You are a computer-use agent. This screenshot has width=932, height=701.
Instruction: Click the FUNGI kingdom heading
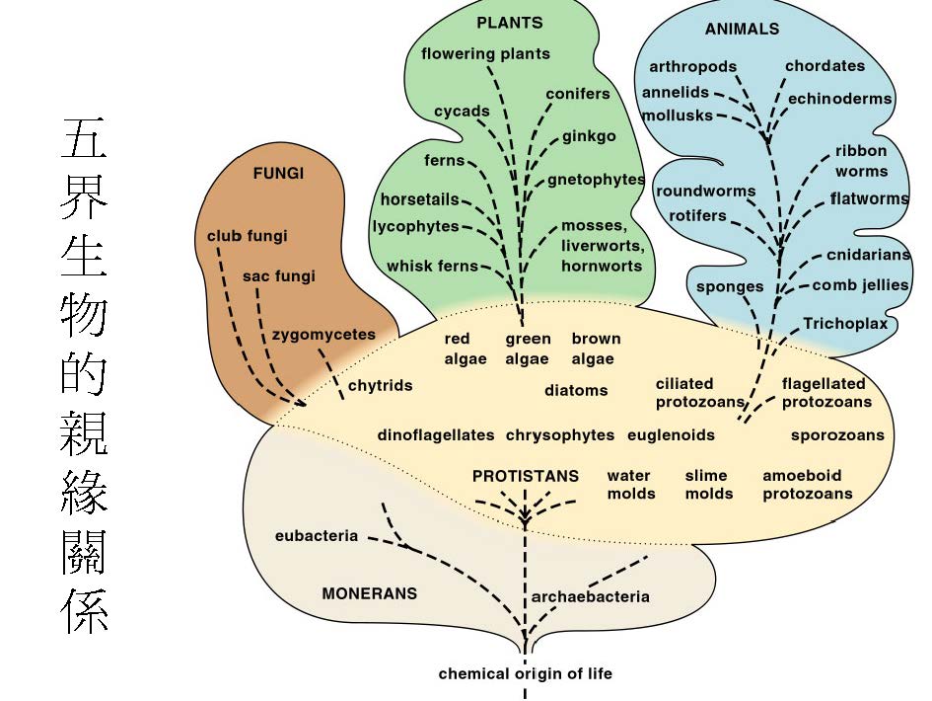(278, 173)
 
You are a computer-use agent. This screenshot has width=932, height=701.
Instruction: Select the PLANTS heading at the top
(509, 23)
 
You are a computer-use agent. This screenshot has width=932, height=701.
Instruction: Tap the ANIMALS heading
(742, 30)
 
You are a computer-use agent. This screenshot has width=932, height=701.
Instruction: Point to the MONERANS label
(369, 593)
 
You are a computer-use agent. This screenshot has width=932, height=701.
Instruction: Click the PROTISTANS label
(525, 476)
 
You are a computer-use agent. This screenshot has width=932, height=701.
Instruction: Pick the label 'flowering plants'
(485, 53)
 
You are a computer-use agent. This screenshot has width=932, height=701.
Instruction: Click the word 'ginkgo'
(589, 136)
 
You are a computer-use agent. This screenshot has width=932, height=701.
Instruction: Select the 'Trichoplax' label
(845, 324)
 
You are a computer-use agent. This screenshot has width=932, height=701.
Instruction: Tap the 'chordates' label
(824, 67)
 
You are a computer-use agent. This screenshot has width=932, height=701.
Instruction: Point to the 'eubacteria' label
(317, 536)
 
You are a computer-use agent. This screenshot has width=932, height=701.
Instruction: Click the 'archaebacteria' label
(590, 596)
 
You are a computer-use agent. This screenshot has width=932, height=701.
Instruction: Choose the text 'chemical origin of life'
(525, 674)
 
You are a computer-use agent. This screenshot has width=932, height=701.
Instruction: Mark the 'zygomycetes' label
(323, 334)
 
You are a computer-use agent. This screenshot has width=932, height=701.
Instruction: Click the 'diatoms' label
(576, 390)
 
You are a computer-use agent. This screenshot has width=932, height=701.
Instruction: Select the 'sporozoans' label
(837, 434)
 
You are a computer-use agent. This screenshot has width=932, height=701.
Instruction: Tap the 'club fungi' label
(247, 236)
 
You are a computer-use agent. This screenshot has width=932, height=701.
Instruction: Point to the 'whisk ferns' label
(432, 266)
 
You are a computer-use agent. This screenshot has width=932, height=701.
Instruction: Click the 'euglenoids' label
(671, 434)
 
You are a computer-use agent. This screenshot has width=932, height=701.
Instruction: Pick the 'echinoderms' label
(839, 99)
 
